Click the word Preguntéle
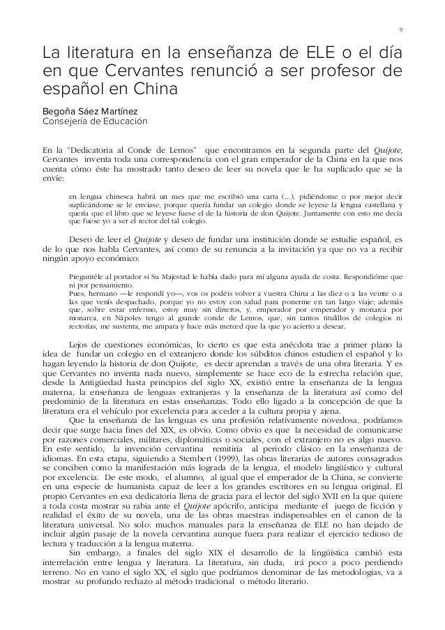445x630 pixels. tap(86, 277)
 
